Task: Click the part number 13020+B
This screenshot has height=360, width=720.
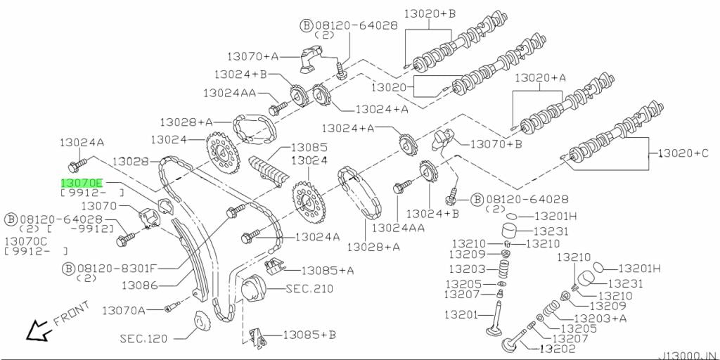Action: click(x=430, y=13)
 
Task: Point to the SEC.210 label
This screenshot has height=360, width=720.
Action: click(x=309, y=289)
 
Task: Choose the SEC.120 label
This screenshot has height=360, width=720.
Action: click(x=143, y=338)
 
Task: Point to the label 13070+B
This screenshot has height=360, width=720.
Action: click(x=496, y=144)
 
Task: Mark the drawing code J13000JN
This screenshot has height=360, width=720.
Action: click(x=689, y=355)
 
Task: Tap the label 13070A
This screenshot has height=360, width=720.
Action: click(x=123, y=310)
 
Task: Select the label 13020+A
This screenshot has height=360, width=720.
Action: click(x=540, y=77)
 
